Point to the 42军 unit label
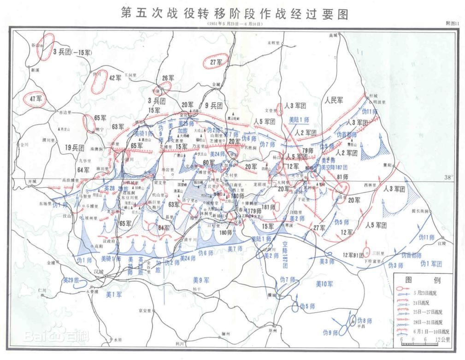coord(115,77)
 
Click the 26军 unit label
coord(169,78)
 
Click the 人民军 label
coord(334,100)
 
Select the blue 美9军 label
coord(201,280)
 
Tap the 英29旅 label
coord(72,280)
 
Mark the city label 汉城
coord(99,272)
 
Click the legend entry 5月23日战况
coord(428,292)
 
